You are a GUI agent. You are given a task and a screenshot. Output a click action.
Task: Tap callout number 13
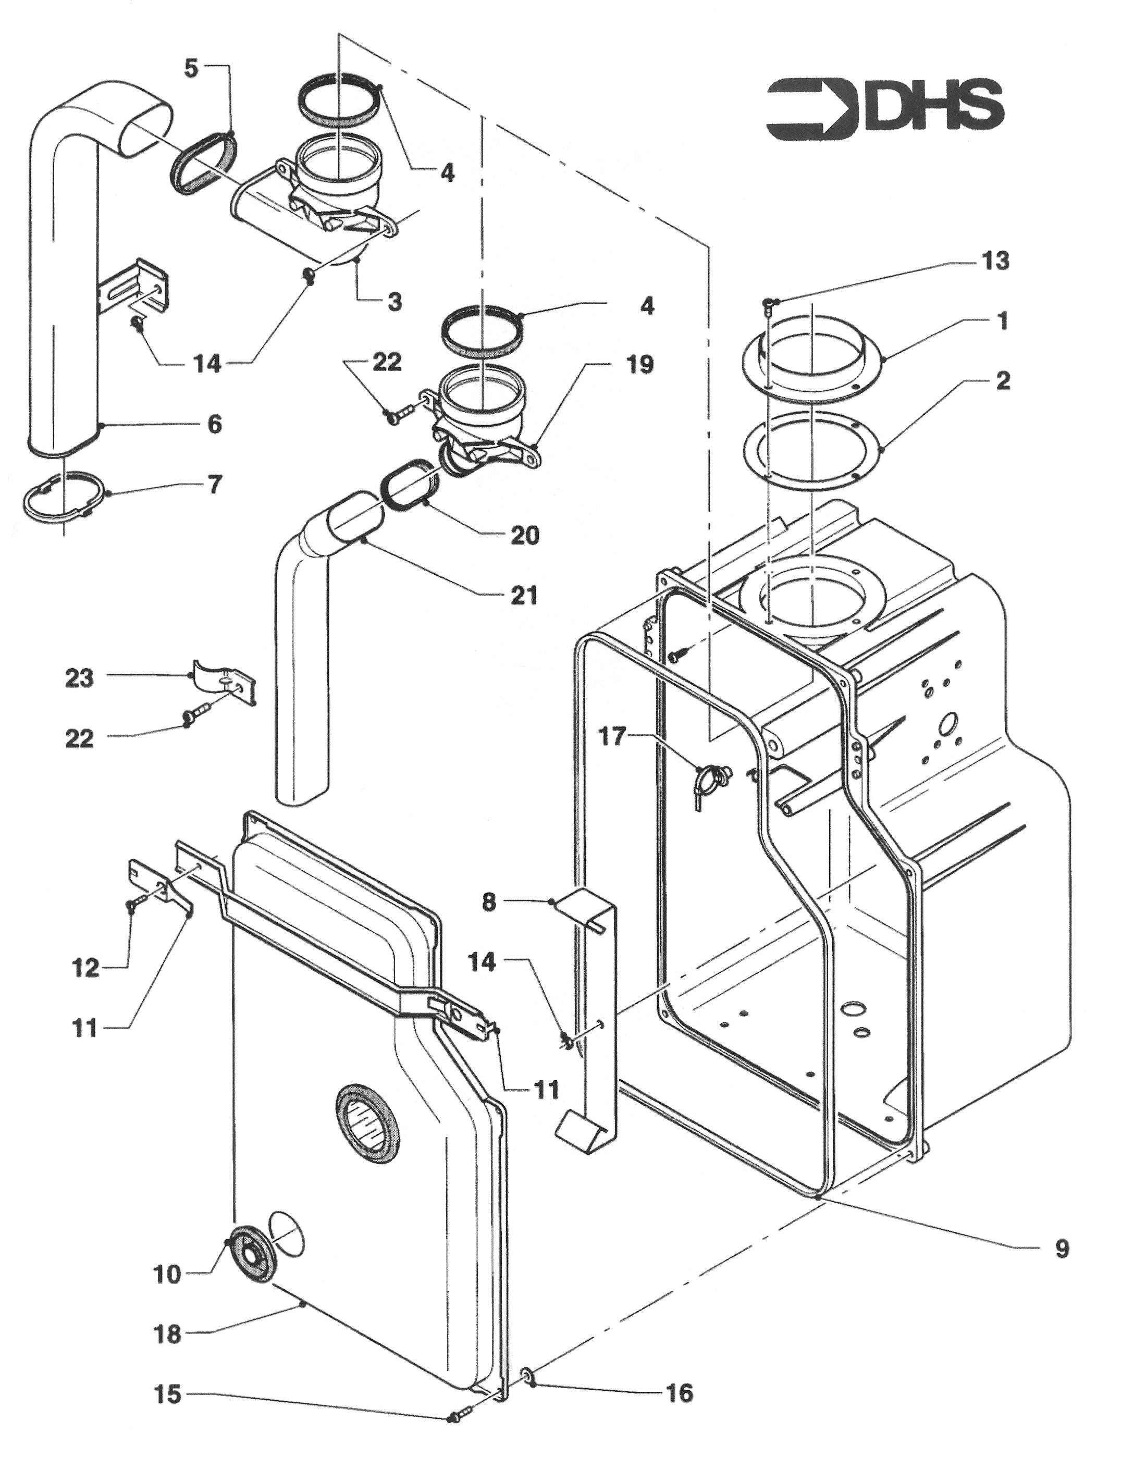[x=995, y=261]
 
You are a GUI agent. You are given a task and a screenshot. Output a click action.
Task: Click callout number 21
[x=524, y=595]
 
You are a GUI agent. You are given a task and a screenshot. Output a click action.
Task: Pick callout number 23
[x=79, y=678]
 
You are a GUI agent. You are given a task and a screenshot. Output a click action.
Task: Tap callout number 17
[x=612, y=736]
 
